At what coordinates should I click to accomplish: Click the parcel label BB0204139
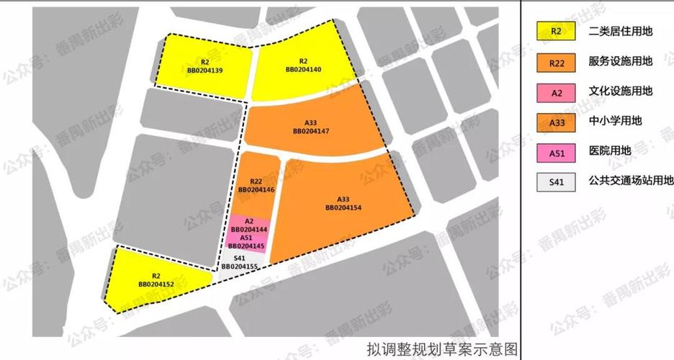(x=205, y=70)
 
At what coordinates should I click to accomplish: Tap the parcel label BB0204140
(x=303, y=69)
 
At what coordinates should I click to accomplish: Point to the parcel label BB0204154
(x=343, y=207)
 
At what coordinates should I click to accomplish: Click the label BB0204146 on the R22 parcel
(x=256, y=189)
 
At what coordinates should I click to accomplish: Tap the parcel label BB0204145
(x=246, y=246)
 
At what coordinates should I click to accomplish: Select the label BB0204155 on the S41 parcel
(x=240, y=266)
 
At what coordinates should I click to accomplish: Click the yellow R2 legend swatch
(x=556, y=31)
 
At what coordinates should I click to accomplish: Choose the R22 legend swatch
(x=556, y=63)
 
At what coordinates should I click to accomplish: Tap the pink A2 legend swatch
(x=556, y=93)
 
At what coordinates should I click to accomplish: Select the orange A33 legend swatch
(x=556, y=122)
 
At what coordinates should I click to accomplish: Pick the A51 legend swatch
(x=556, y=153)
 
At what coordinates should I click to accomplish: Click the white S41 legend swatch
(x=556, y=181)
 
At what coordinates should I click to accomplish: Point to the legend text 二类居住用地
(x=621, y=31)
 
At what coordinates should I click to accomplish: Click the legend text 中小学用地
(x=615, y=122)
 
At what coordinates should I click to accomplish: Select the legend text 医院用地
(x=609, y=151)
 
